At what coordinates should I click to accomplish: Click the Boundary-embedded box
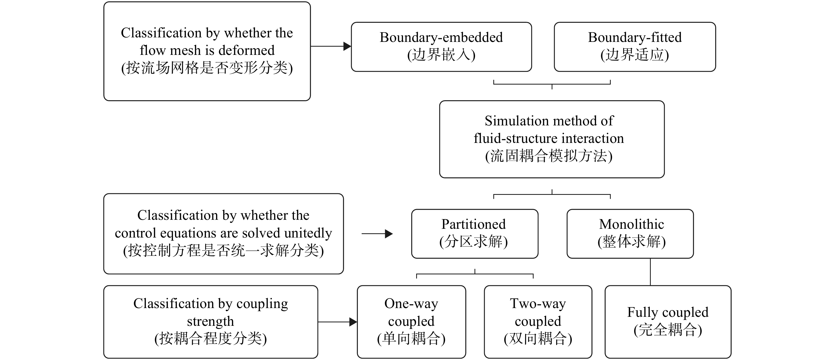[x=441, y=47]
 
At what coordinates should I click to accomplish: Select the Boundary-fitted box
[x=635, y=47]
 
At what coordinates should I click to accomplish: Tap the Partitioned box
[x=474, y=234]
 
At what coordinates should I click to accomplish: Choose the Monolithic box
[x=630, y=234]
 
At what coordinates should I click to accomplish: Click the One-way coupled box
[x=411, y=322]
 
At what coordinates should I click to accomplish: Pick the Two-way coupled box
[x=538, y=322]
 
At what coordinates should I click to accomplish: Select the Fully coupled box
[x=668, y=322]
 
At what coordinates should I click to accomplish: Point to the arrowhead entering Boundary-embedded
[x=348, y=46]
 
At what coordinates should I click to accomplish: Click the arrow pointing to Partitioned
[x=377, y=234]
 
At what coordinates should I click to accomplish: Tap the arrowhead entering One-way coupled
[x=353, y=322]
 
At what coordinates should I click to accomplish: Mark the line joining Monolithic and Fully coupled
[x=651, y=272]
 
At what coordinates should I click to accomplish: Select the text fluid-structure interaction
[x=549, y=138]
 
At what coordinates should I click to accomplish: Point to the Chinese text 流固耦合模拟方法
[x=549, y=156]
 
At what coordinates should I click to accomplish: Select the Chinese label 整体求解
[x=631, y=242]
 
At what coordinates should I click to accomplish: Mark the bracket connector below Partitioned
[x=475, y=274]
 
